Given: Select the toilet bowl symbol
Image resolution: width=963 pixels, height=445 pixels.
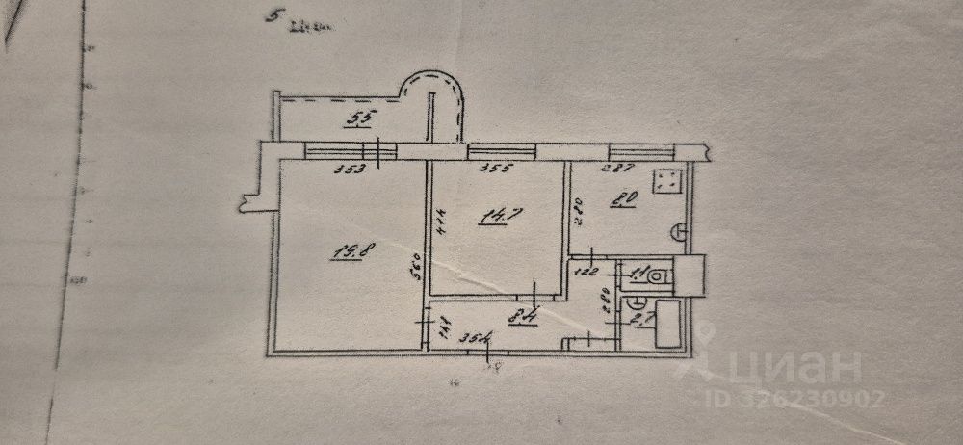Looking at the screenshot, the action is (658, 276).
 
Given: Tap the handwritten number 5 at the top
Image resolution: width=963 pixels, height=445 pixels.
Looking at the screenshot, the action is (277, 17).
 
